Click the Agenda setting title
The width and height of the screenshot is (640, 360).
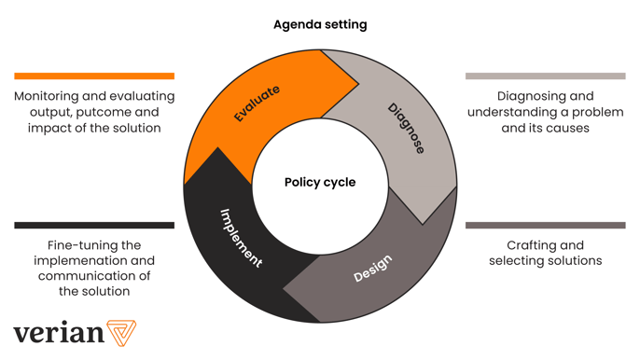(x=320, y=24)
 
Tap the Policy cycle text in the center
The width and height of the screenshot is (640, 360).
(x=320, y=182)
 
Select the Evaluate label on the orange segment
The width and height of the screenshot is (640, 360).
(x=257, y=104)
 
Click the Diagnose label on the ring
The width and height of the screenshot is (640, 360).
(x=406, y=129)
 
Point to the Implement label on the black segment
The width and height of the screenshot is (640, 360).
(x=241, y=238)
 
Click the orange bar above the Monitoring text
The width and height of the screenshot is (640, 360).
(x=94, y=76)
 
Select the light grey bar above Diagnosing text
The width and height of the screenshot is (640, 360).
(x=546, y=76)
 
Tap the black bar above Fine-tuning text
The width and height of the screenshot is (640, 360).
(x=94, y=225)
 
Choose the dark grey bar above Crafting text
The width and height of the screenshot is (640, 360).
(x=546, y=225)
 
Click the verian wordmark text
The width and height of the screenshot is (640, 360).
(x=58, y=332)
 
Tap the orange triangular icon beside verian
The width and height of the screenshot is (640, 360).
(x=121, y=332)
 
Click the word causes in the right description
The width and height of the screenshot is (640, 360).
(x=568, y=128)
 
